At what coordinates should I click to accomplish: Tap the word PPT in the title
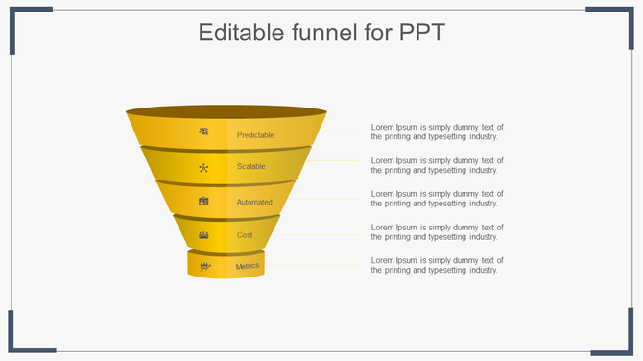click(x=419, y=33)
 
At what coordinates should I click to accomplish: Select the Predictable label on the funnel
click(x=255, y=135)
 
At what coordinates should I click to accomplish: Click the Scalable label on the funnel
click(x=251, y=167)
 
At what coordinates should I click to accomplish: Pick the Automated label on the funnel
click(x=254, y=202)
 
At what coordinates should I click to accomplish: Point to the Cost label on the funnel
click(x=245, y=234)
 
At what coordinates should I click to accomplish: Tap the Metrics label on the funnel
click(x=248, y=266)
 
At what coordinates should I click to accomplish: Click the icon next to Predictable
click(x=203, y=132)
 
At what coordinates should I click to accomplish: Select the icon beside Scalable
click(x=203, y=167)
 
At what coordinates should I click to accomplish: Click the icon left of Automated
click(x=203, y=201)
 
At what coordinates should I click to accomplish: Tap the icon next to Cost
click(x=203, y=234)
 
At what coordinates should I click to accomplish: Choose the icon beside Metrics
click(x=203, y=266)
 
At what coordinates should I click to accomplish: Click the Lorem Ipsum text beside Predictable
click(x=437, y=132)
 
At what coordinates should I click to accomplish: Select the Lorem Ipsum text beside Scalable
click(x=437, y=165)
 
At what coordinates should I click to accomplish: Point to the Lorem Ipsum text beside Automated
click(x=437, y=199)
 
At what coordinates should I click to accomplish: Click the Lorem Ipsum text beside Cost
click(x=437, y=232)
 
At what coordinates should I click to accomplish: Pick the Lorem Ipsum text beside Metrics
click(x=437, y=266)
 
